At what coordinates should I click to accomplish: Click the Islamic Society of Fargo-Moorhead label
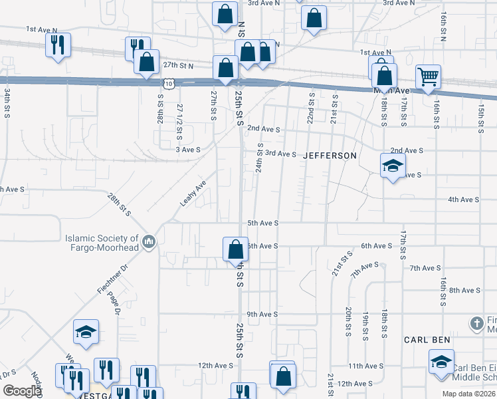click(x=101, y=243)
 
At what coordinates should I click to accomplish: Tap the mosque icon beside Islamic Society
click(x=149, y=241)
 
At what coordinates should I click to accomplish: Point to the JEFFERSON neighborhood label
click(x=330, y=156)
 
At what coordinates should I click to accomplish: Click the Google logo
click(x=21, y=391)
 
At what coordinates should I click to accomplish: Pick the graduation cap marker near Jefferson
click(x=393, y=165)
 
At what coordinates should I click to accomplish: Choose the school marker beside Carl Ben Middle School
click(x=441, y=362)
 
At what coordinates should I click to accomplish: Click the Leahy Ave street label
click(x=193, y=193)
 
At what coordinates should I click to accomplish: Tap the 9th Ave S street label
click(x=262, y=314)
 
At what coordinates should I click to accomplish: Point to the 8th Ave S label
click(x=464, y=291)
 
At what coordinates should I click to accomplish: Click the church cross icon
click(x=476, y=324)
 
